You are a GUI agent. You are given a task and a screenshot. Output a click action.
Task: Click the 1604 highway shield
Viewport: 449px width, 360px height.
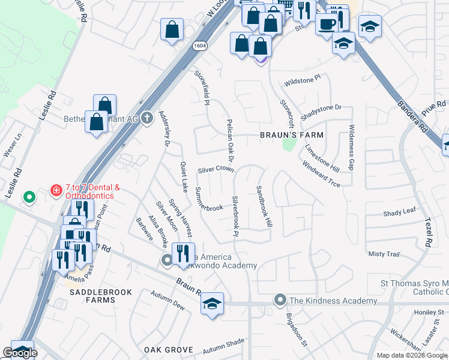tap(200, 46)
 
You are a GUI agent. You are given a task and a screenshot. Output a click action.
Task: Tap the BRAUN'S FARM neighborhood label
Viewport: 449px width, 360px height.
tap(291, 135)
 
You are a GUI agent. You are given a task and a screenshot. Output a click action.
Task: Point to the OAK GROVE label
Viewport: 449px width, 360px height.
tap(168, 350)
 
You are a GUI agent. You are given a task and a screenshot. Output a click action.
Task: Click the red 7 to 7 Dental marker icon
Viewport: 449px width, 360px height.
tap(56, 191)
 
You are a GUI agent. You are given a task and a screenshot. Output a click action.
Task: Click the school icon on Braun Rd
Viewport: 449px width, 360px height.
tap(212, 303)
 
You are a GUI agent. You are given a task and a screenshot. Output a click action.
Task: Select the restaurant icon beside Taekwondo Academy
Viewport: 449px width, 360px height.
tap(184, 253)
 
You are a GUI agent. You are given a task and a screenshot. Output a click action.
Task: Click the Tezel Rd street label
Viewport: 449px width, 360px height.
tap(429, 233)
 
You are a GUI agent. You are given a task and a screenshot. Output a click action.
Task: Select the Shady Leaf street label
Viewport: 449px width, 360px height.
tap(399, 212)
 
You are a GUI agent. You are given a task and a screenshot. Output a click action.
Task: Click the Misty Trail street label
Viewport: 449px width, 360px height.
tap(384, 254)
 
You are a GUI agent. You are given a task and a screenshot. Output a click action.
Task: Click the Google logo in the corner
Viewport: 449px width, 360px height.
tap(20, 353)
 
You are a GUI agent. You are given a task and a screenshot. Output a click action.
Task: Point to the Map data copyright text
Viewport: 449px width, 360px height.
tap(411, 355)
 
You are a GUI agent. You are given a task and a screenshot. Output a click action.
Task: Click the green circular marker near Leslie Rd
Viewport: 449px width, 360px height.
tap(28, 197)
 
